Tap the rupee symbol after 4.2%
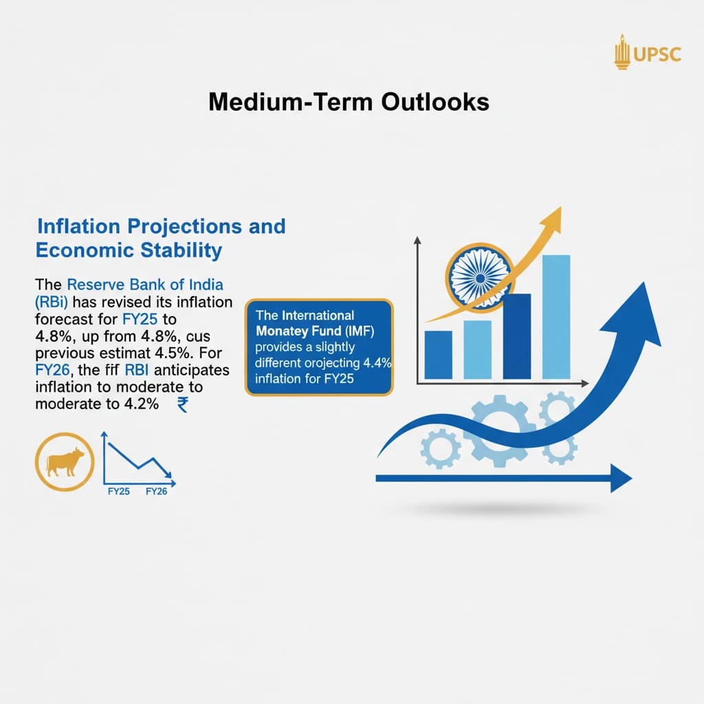coord(182,405)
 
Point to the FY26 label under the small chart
coord(157,492)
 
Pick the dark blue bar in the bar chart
coord(516,336)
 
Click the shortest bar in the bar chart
coord(439,355)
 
